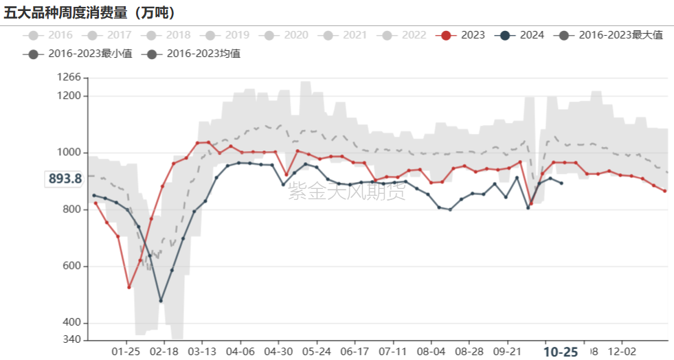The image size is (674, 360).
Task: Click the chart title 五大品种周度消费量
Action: [89, 12]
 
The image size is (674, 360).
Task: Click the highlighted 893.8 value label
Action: [65, 179]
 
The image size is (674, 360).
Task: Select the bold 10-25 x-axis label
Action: [561, 352]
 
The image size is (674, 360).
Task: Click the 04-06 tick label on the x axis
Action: [240, 351]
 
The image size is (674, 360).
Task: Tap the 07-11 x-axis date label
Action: [392, 351]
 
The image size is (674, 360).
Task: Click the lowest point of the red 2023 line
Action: [128, 287]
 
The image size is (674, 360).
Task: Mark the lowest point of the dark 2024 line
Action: [161, 301]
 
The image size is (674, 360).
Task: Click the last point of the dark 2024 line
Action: [561, 183]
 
